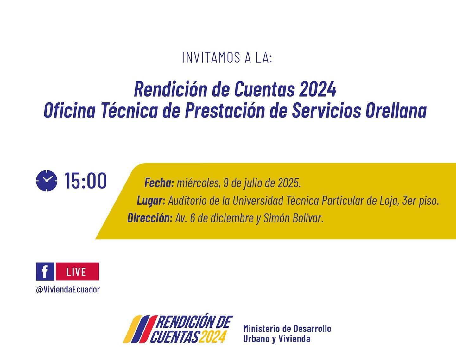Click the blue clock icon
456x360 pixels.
pos(47,181)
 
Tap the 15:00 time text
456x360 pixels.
pos(85,181)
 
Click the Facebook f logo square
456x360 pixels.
pos(45,272)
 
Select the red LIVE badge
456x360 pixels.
pos(77,272)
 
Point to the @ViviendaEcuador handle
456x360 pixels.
pos(68,289)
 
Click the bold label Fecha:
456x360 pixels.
pos(159,183)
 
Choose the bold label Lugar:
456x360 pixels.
pos(151,201)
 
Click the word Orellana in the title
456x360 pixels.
pos(396,111)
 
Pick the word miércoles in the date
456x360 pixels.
pos(198,183)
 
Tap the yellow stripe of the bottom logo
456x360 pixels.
pos(132,329)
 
